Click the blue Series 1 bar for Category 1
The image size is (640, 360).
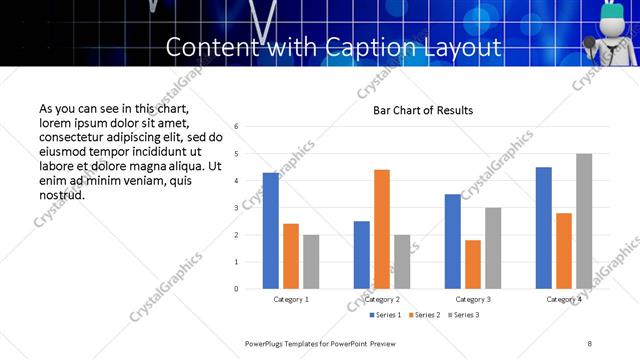pyautogui.click(x=271, y=231)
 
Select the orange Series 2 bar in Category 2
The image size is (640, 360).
pyautogui.click(x=382, y=229)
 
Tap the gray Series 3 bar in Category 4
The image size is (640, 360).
pyautogui.click(x=584, y=221)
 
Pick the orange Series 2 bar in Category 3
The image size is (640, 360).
pyautogui.click(x=473, y=264)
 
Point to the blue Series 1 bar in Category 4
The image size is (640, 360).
pyautogui.click(x=544, y=228)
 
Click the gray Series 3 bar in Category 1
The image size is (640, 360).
pyautogui.click(x=311, y=262)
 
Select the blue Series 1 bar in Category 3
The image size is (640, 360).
pyautogui.click(x=453, y=241)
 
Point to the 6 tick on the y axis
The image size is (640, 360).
pyautogui.click(x=235, y=127)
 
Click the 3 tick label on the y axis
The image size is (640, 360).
pyautogui.click(x=235, y=208)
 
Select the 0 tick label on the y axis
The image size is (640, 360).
pyautogui.click(x=235, y=289)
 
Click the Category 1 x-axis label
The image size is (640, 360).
pyautogui.click(x=291, y=299)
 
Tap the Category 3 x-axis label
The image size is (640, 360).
pyautogui.click(x=473, y=299)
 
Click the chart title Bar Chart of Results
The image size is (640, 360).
pyautogui.click(x=423, y=110)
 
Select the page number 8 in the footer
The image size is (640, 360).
pyautogui.click(x=590, y=343)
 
